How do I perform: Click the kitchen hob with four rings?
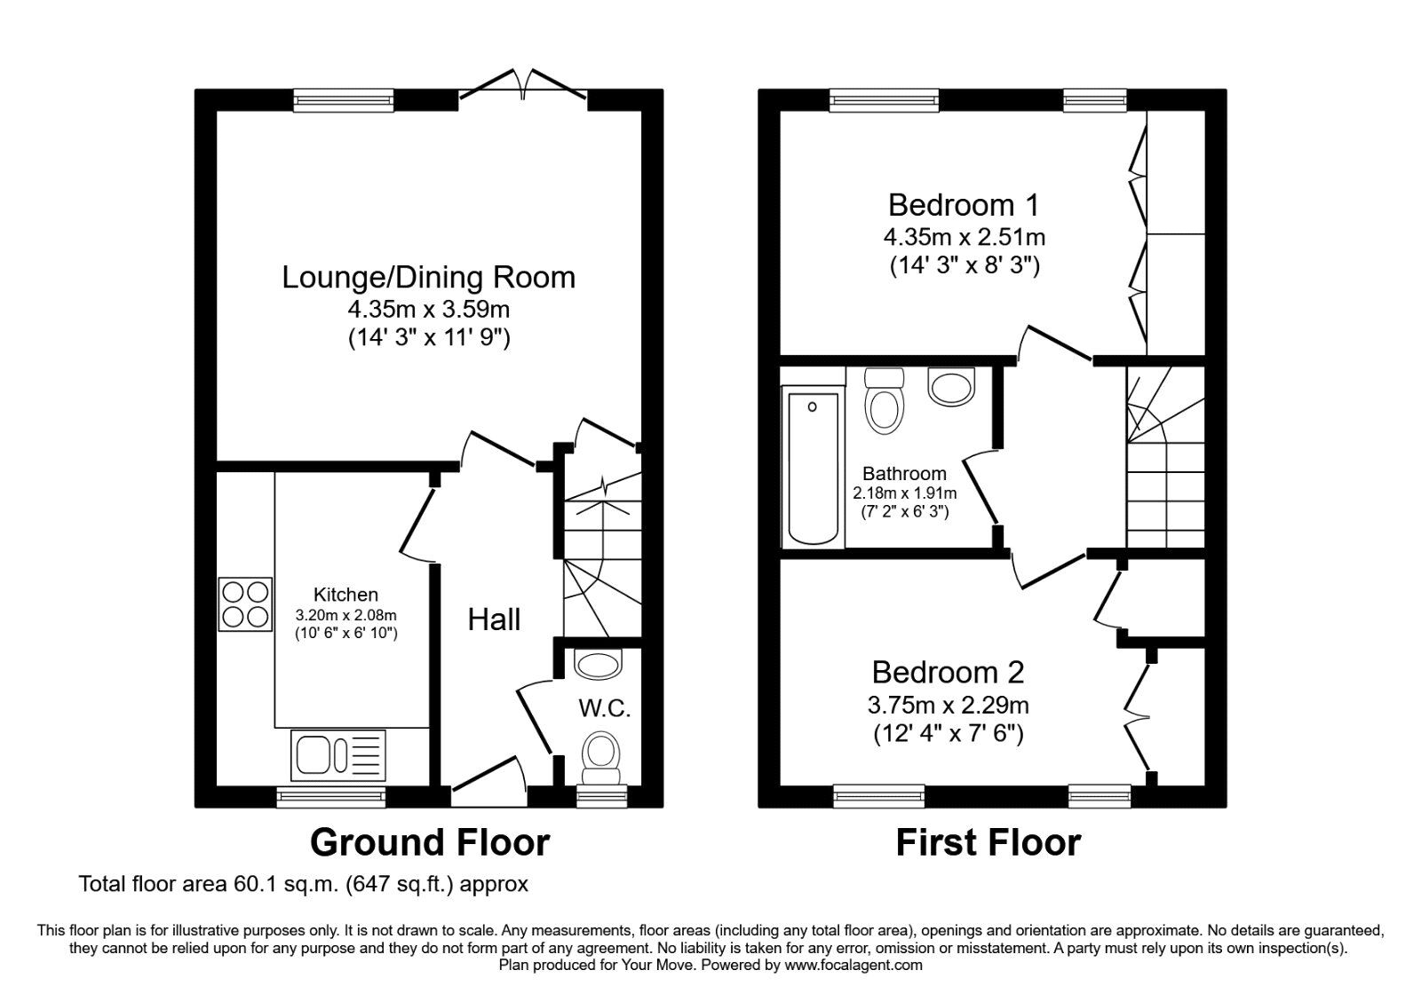(x=245, y=604)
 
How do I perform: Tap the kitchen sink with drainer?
(x=337, y=755)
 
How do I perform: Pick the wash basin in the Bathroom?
(x=951, y=387)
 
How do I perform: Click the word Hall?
(x=494, y=619)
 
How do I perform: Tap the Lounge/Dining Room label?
(x=429, y=277)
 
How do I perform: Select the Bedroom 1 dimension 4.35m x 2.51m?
(x=964, y=237)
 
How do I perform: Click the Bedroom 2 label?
(x=948, y=672)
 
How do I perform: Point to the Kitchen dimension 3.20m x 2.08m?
(x=346, y=614)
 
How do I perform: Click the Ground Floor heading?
(x=430, y=841)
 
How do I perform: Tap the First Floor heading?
(x=988, y=841)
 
